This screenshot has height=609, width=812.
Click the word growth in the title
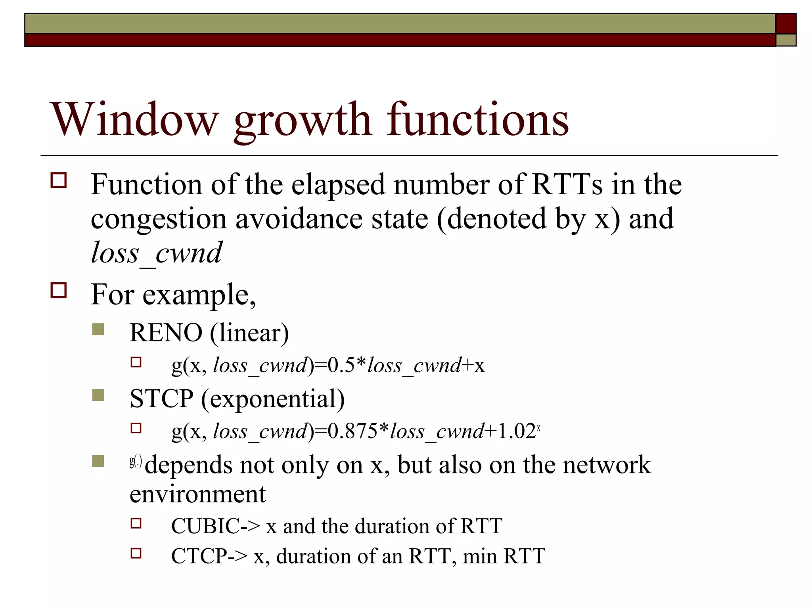point(303,121)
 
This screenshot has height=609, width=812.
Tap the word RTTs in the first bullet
point(567,184)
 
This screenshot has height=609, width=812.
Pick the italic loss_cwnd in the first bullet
point(156,253)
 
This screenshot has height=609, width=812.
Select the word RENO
point(166,333)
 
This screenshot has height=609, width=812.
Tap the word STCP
point(161,398)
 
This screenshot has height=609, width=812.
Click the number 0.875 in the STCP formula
point(352,431)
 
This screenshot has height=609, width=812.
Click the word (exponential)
point(273,399)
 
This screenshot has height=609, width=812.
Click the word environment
point(197,494)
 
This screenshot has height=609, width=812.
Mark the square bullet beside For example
point(59,290)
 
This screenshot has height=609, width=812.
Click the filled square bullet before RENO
point(98,329)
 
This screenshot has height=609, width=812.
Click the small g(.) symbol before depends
point(136,462)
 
